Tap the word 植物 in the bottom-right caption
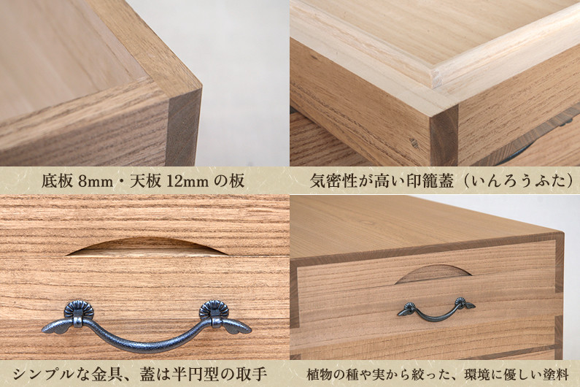pos(320,375)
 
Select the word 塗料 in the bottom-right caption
pos(556,375)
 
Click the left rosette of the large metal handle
pos(78,310)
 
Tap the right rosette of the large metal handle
pos(214,310)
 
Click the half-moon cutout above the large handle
pos(147,247)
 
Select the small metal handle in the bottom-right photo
pos(436,310)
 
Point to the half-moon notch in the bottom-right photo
pos(433,274)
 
